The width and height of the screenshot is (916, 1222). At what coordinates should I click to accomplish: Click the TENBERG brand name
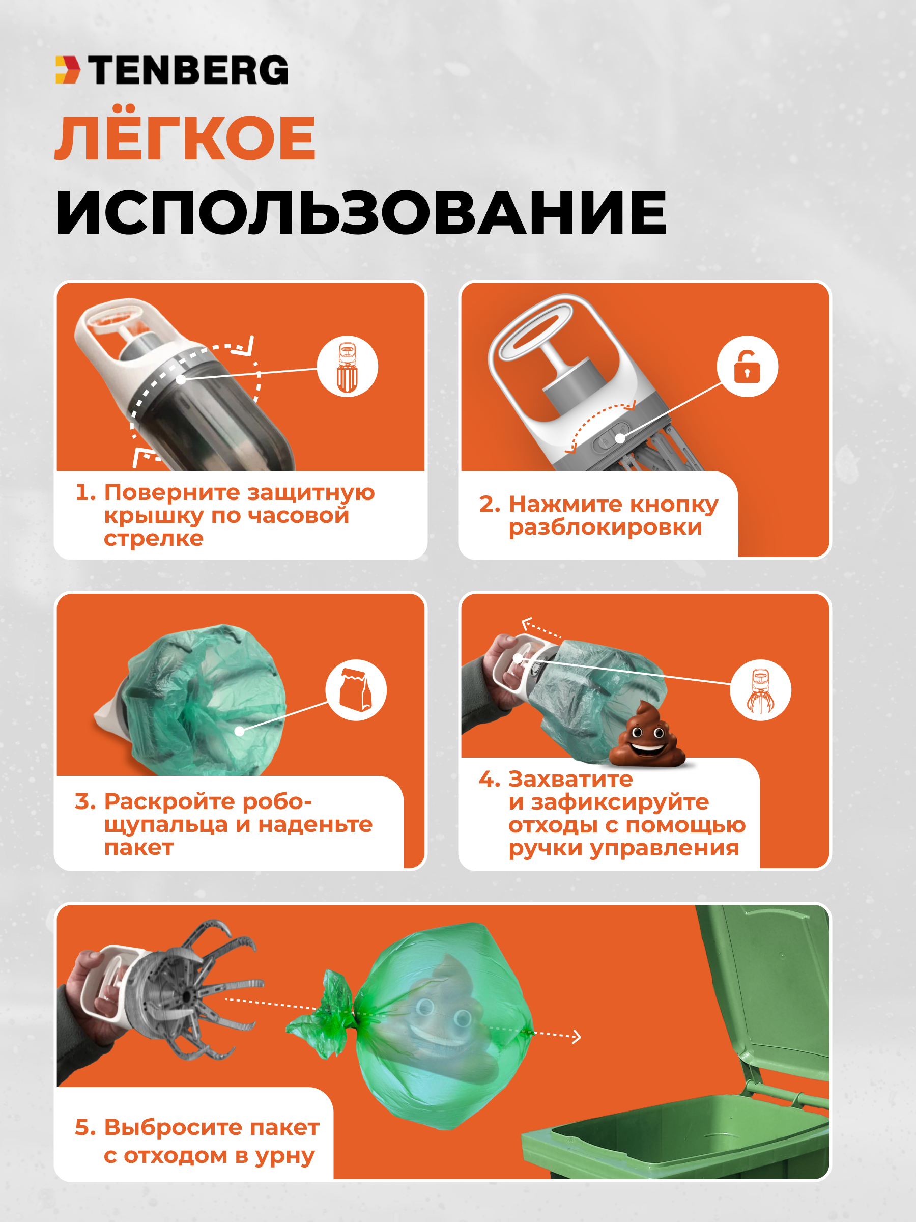pos(188,70)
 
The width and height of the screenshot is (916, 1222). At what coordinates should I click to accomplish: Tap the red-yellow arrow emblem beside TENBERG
pos(68,70)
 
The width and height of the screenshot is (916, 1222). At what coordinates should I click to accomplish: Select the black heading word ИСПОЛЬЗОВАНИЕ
pos(362,213)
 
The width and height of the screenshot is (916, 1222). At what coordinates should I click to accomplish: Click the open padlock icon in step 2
pos(747,366)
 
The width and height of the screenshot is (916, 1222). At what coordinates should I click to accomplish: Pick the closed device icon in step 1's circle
pos(347,367)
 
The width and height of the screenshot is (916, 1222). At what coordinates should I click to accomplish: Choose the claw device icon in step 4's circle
pos(760,690)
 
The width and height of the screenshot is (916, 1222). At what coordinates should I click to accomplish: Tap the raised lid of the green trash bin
pos(765,989)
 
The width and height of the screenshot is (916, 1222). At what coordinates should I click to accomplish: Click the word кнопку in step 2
pos(674,505)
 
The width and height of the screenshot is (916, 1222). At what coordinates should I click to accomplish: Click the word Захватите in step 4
pos(570,779)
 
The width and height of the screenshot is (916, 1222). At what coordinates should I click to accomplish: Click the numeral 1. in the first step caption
pos(85,492)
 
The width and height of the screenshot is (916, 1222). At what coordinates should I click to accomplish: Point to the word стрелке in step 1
pos(154,539)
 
